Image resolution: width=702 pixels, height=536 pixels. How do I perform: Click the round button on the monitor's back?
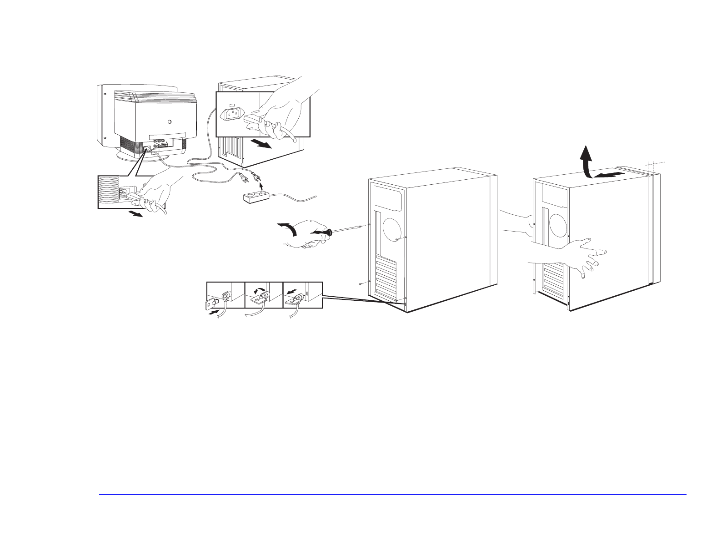click(x=170, y=122)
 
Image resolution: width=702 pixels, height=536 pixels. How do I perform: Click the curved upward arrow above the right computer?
click(x=587, y=160)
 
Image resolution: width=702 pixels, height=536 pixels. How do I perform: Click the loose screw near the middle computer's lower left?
click(x=360, y=283)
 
